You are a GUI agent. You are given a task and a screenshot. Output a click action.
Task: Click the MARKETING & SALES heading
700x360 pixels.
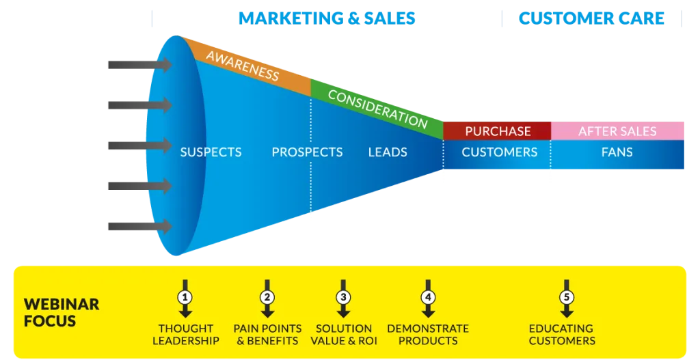(x=327, y=18)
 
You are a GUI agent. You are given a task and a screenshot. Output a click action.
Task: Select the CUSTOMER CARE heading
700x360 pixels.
(x=591, y=18)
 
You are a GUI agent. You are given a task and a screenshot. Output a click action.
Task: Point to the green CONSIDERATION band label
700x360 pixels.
(x=377, y=109)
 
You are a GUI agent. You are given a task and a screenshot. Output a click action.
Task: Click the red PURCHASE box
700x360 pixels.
(x=498, y=130)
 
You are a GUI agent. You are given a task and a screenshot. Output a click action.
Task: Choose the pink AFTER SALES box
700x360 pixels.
(x=617, y=130)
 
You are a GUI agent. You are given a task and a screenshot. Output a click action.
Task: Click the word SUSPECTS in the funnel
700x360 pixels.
(x=211, y=152)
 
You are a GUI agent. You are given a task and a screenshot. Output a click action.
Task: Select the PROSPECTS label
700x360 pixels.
(x=307, y=152)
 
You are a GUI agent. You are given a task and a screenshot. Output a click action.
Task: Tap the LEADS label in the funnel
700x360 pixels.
(x=388, y=152)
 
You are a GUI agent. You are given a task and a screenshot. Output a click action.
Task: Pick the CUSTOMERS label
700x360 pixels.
(x=500, y=152)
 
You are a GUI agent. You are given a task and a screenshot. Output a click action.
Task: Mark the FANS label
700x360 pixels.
(x=617, y=152)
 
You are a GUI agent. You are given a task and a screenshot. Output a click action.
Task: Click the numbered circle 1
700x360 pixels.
(x=185, y=297)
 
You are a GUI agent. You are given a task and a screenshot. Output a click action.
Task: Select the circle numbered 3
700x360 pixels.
(x=343, y=297)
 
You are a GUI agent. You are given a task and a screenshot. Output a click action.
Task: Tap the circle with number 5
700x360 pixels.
(x=567, y=297)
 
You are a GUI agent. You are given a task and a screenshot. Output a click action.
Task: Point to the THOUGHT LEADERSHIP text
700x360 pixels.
(x=186, y=335)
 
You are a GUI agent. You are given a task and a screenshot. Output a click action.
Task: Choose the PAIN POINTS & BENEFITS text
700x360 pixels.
(x=267, y=335)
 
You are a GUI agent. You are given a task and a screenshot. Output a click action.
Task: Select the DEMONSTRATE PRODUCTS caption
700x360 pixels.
(x=428, y=335)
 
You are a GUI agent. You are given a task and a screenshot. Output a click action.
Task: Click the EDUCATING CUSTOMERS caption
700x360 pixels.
(x=562, y=335)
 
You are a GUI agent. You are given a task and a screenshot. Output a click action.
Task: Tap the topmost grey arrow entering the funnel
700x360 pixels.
(x=140, y=65)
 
